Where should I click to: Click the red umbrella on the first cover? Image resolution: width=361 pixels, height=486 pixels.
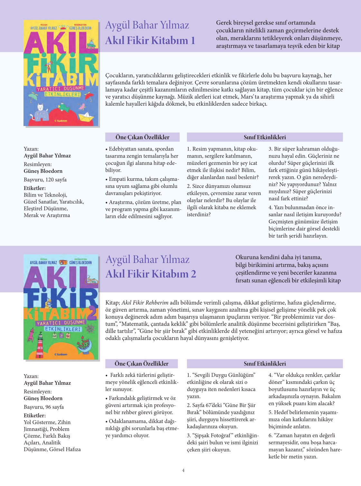[x=89, y=95]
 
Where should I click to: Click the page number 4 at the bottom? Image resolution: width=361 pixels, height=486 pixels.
[x=183, y=470]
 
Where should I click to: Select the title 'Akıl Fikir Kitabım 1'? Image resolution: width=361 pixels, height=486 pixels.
[x=150, y=41]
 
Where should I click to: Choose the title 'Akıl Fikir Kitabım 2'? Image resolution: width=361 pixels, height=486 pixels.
[x=151, y=274]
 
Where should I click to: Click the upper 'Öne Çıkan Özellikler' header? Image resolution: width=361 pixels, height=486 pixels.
[x=142, y=137]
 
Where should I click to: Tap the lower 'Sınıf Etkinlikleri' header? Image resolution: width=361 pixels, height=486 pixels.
[x=264, y=364]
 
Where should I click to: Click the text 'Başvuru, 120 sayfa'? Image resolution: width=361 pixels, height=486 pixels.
[x=45, y=180]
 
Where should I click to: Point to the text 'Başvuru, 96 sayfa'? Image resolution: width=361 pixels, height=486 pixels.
[x=44, y=407]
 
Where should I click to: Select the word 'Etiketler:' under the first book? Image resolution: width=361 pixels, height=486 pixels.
[x=35, y=188]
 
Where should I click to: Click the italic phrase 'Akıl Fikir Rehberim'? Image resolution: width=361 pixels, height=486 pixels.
[x=145, y=303]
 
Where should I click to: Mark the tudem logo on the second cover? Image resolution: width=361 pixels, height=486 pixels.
[x=61, y=354]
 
